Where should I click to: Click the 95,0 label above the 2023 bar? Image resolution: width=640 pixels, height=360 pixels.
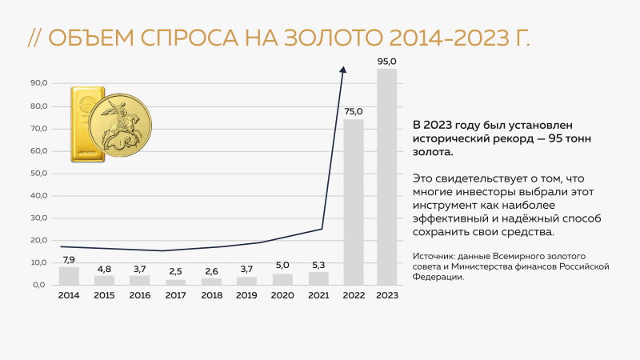tap(387, 61)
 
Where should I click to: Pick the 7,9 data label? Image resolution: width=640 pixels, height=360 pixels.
tap(69, 259)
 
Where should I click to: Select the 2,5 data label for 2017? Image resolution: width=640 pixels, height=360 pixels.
tap(175, 272)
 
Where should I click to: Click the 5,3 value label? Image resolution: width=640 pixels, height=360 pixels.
tap(318, 265)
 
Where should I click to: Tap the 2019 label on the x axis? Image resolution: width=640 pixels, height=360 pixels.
tap(246, 295)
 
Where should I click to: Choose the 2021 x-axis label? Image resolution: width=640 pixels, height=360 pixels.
tap(318, 295)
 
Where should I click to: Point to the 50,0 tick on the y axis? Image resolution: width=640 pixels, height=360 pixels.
tap(39, 173)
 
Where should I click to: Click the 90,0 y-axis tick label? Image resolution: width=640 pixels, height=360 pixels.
tap(39, 83)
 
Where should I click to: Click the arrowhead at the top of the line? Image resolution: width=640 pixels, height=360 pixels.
tap(343, 70)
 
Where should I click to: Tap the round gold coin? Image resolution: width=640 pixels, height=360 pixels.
tap(120, 125)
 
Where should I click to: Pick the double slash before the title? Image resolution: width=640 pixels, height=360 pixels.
tap(35, 38)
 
